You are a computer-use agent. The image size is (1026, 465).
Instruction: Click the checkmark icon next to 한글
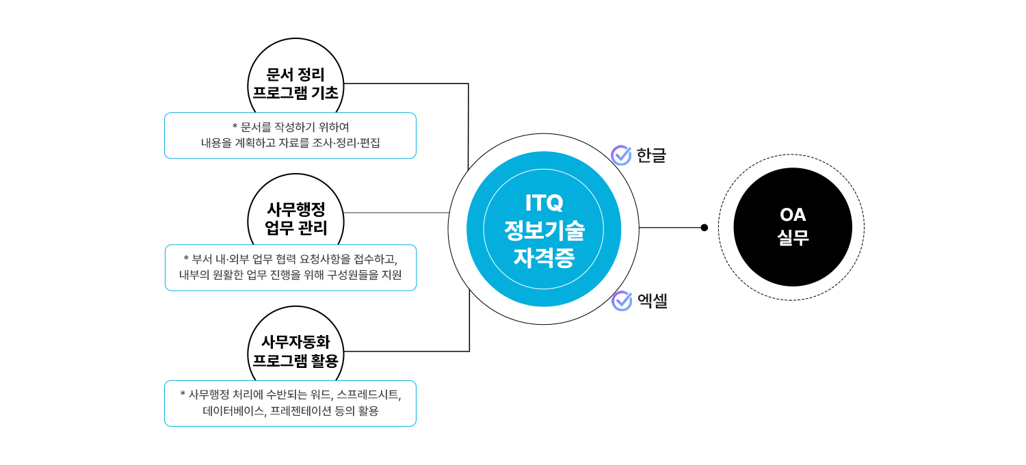[x=621, y=155]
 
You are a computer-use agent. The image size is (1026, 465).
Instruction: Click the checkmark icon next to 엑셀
[x=621, y=300]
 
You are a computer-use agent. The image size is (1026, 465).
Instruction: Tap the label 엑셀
[x=652, y=300]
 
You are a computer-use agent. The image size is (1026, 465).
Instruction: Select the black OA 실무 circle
[x=792, y=227]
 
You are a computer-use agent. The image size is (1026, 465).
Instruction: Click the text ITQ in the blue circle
[x=544, y=202]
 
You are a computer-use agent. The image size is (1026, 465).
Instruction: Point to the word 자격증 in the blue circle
[x=544, y=258]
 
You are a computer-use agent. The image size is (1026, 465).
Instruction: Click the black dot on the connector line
[x=705, y=228]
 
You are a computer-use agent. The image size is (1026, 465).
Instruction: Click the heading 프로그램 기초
[x=295, y=93]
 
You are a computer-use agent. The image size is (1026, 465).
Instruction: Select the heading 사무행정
[x=295, y=210]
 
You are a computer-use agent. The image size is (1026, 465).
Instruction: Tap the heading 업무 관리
[x=295, y=228]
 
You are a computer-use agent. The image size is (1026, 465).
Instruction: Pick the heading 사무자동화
[x=295, y=342]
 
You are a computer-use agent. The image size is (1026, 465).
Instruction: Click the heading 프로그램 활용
[x=295, y=360]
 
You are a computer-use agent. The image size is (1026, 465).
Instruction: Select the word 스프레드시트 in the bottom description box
[x=368, y=395]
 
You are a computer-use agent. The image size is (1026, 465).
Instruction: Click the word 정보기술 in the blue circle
[x=544, y=230]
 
